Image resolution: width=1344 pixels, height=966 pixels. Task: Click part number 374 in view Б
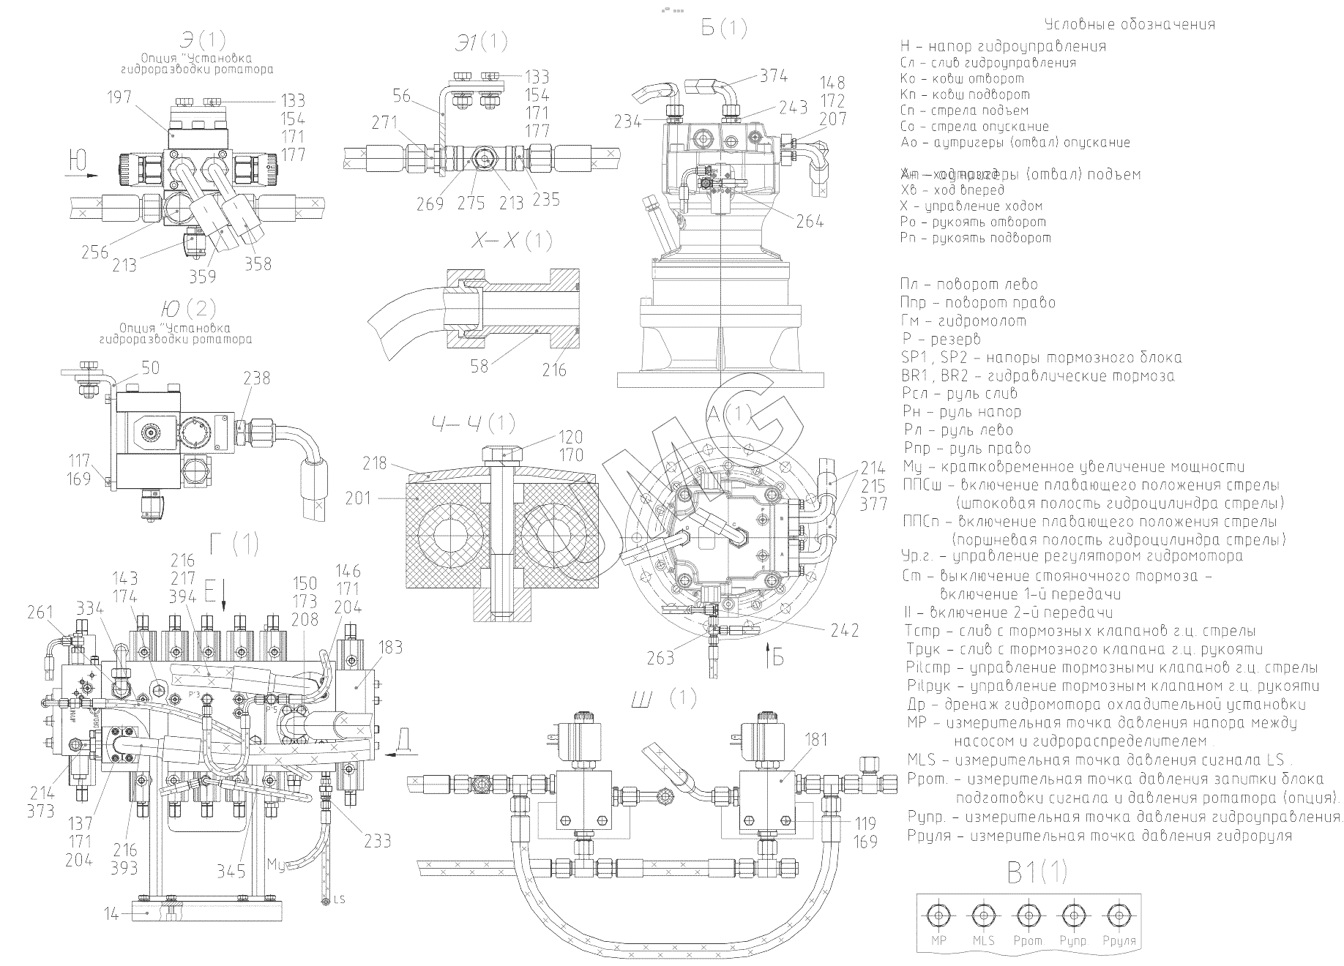click(773, 75)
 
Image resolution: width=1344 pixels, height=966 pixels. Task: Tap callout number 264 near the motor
click(810, 221)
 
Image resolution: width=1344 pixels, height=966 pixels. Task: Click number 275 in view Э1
click(471, 203)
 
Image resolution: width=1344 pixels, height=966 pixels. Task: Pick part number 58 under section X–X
click(479, 364)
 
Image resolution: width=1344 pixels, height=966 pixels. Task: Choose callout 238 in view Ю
click(256, 378)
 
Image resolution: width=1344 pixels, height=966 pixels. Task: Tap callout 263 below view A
click(660, 658)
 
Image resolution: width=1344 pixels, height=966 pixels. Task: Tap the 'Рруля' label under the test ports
click(1117, 940)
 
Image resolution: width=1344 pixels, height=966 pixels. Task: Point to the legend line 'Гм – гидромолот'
click(963, 321)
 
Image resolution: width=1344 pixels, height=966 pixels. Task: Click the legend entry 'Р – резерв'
click(941, 340)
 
